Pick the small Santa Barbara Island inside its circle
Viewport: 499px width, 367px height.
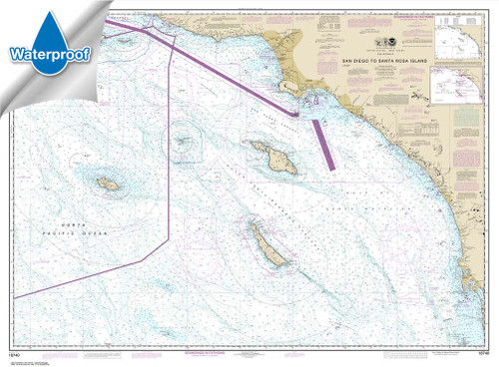click(184, 141)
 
